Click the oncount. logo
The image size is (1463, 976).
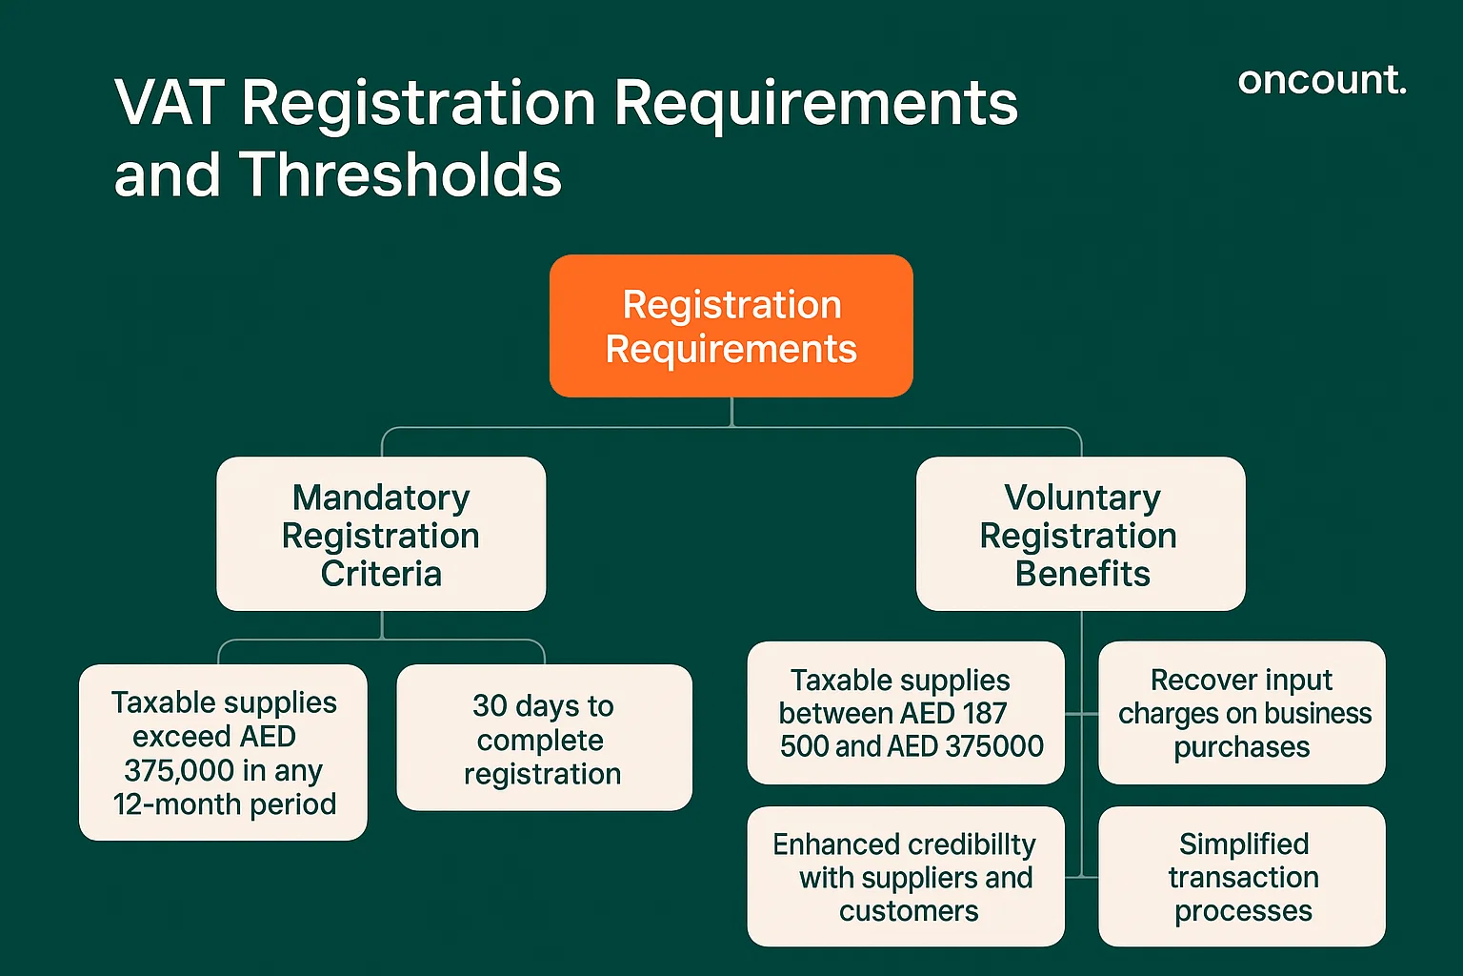1321,80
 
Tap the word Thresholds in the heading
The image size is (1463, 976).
400,175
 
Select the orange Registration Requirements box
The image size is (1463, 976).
731,326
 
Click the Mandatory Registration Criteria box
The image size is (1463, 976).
381,534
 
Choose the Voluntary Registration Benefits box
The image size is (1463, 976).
1080,534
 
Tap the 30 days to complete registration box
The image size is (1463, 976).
544,738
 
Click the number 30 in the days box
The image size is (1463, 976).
490,705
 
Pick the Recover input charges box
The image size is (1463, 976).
1241,713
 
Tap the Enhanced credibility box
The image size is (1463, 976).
905,877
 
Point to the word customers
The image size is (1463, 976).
909,911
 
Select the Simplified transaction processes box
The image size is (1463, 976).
1241,877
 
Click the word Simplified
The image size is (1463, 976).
1243,844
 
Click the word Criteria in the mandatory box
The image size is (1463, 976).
381,574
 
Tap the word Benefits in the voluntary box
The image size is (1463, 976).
1082,574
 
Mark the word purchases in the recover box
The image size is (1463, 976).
1241,747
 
